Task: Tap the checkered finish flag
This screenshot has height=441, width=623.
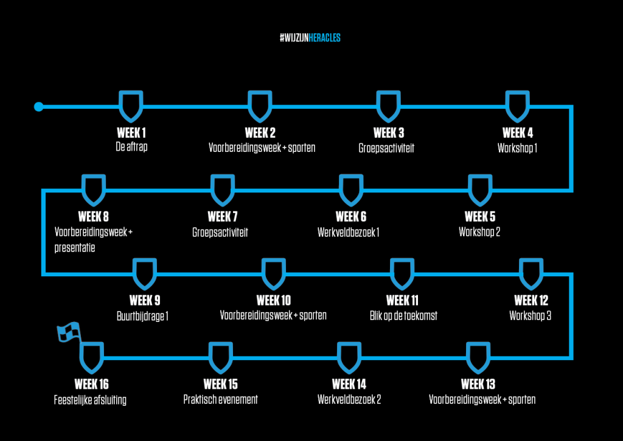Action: tap(68, 332)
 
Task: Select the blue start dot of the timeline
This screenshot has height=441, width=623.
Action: tap(38, 107)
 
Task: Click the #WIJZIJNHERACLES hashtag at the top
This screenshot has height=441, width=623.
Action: tap(310, 38)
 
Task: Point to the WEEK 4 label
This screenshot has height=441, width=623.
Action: tap(517, 132)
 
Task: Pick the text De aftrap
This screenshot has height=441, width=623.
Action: tap(131, 147)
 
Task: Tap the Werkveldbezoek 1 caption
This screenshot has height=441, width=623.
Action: tap(349, 232)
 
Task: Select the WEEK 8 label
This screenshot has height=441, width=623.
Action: tap(93, 216)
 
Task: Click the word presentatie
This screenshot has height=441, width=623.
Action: tap(75, 248)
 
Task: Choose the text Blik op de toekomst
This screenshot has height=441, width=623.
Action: tap(403, 316)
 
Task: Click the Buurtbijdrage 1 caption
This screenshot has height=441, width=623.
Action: tap(142, 316)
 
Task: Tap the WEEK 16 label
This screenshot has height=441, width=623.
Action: tap(91, 384)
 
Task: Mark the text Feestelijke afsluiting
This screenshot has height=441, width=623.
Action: tap(90, 400)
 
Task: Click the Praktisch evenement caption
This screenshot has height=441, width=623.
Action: tap(220, 399)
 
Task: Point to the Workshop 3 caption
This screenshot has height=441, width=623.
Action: tap(530, 316)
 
